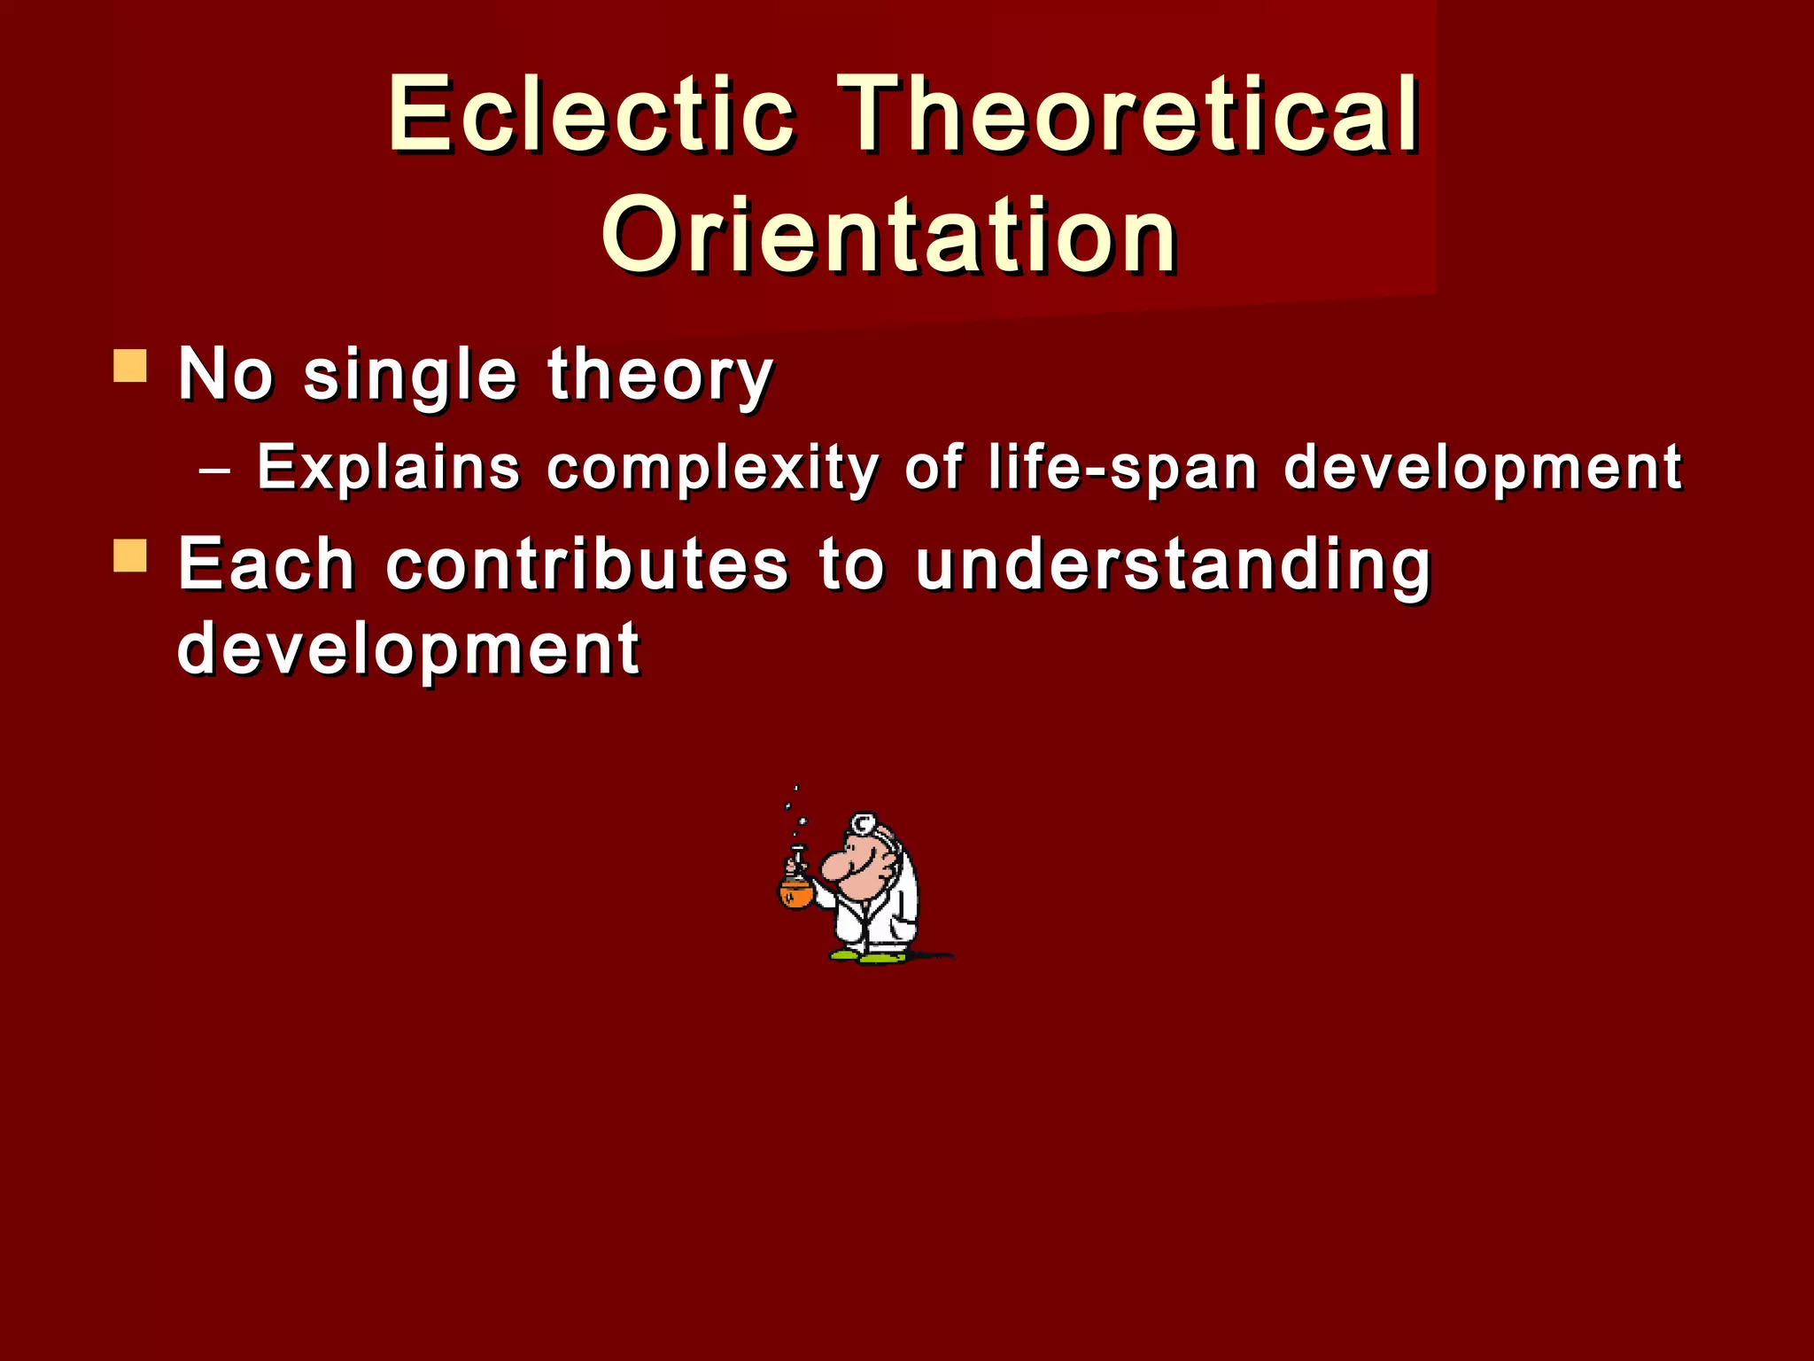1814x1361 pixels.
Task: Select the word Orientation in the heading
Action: point(889,236)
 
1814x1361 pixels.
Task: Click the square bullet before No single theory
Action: point(130,366)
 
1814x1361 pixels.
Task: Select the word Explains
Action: point(388,467)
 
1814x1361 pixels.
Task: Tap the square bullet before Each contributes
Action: point(130,556)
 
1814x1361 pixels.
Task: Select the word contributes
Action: point(586,564)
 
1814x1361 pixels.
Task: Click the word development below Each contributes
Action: point(408,649)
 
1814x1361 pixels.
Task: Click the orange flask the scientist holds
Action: point(795,892)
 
